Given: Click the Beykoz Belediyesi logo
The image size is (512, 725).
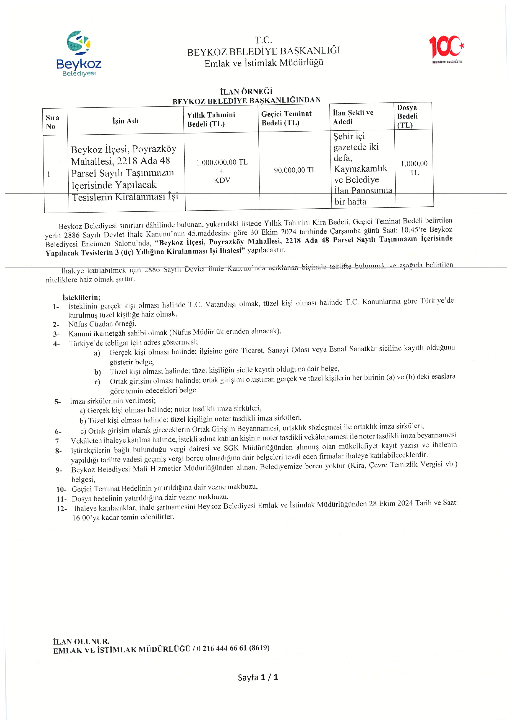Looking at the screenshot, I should (x=79, y=53).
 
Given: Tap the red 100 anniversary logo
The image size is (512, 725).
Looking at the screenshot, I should (x=446, y=48).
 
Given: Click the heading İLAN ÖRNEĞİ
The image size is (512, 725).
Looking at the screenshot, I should (x=246, y=92).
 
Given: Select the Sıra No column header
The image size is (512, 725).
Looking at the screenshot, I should (x=52, y=122).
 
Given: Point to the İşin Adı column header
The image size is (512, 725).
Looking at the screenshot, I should (x=125, y=121).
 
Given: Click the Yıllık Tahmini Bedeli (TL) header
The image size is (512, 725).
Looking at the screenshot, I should (x=211, y=119).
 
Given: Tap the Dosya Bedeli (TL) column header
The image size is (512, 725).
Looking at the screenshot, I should (x=407, y=116).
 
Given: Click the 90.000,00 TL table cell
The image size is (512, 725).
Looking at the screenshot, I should (x=295, y=170).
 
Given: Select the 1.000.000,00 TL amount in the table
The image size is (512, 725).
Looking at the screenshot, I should (x=222, y=162).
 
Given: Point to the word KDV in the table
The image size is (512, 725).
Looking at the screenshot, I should (x=222, y=180).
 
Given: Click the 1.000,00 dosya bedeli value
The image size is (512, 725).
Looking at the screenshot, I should (x=414, y=164).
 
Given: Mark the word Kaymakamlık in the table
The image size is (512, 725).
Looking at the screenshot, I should (x=360, y=169).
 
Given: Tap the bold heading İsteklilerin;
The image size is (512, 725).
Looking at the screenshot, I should (x=81, y=297).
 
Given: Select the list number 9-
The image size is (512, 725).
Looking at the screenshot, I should (x=59, y=470).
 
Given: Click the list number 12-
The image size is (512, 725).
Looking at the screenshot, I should (x=62, y=509).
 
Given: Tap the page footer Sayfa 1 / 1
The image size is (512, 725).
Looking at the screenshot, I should (x=258, y=677).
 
